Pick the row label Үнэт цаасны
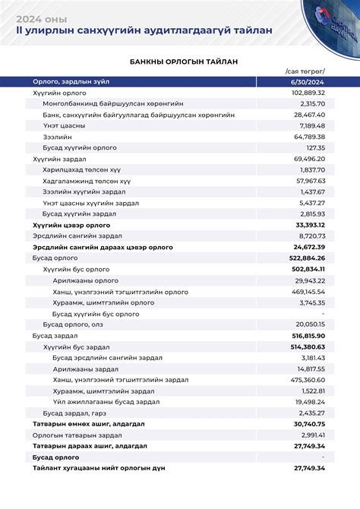click(x=64, y=125)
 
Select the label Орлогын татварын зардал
click(x=77, y=435)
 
